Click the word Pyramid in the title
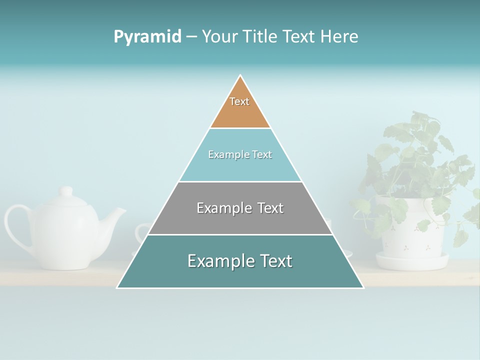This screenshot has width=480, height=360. (147, 37)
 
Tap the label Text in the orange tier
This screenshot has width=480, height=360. (239, 101)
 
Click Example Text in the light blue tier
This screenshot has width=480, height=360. (240, 154)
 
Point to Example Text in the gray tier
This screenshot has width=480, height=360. (240, 207)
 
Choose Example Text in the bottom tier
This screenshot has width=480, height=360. (240, 260)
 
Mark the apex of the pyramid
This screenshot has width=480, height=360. (240, 76)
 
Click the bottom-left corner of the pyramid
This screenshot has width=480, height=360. (118, 287)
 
